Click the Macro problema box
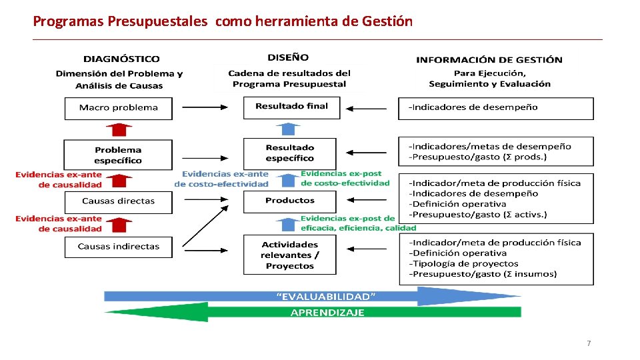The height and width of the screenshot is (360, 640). click(118, 108)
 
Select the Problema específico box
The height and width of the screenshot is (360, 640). click(118, 155)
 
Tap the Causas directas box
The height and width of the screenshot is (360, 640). click(118, 201)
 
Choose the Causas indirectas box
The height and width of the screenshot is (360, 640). click(118, 247)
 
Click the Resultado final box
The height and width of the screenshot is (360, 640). click(291, 107)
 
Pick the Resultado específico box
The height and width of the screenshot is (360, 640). click(290, 153)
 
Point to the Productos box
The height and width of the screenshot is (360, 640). click(290, 201)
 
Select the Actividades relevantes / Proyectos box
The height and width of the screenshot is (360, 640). click(290, 255)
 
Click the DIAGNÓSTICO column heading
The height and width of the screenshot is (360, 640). click(121, 59)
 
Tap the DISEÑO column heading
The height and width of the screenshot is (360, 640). click(288, 58)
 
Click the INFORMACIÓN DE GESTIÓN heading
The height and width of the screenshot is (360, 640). click(489, 60)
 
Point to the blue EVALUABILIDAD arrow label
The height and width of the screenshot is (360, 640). click(326, 295)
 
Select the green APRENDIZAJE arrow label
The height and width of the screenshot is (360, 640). click(327, 312)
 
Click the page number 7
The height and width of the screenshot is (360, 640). click(588, 343)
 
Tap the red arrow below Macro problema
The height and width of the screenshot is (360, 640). click(118, 129)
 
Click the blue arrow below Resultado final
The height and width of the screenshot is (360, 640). click(288, 129)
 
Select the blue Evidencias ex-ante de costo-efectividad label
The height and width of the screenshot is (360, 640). click(222, 179)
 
